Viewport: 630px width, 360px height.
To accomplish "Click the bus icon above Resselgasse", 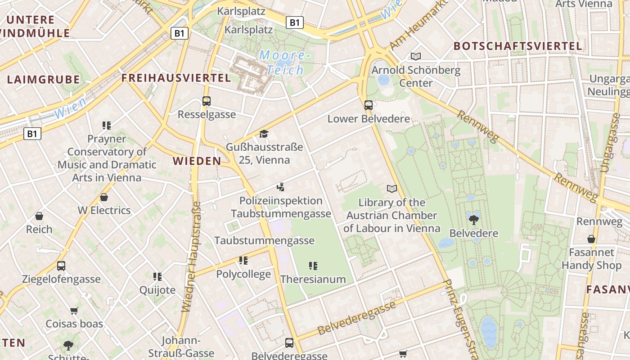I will [207, 101].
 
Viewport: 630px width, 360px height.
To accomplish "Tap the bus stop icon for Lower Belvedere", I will [369, 106].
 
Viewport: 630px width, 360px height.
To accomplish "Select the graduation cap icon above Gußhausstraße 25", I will [264, 134].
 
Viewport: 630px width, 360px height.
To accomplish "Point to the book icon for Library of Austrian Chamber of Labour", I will [392, 189].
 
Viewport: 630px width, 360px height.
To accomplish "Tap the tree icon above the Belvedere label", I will [473, 220].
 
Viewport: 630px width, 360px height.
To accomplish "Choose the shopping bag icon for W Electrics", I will [104, 197].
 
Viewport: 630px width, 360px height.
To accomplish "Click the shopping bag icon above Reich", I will [39, 216].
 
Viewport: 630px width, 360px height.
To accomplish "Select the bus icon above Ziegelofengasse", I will [61, 265].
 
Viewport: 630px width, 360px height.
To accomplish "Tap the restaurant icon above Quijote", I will [157, 276].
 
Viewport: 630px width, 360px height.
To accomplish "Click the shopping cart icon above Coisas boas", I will [74, 310].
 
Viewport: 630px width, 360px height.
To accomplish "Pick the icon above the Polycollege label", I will [243, 261].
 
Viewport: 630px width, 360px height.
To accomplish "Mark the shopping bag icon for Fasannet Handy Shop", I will [591, 239].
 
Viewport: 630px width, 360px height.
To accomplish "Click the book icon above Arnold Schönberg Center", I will [416, 56].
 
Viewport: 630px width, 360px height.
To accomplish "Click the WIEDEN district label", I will [197, 161].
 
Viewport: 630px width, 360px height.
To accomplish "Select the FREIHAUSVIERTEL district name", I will [176, 78].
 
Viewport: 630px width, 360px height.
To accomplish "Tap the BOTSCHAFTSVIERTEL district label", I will [517, 46].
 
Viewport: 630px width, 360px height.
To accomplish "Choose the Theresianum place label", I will [313, 279].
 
